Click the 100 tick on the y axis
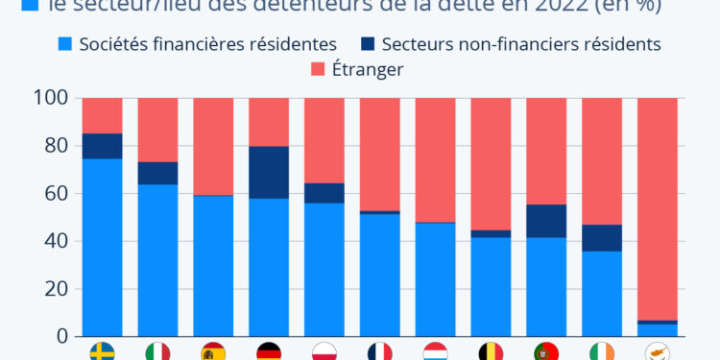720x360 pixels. tap(50, 98)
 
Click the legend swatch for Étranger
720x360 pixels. tap(319, 69)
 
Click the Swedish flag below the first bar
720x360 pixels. tap(102, 351)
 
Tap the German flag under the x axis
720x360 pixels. tap(269, 351)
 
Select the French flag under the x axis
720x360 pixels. tap(380, 351)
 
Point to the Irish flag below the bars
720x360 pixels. tap(602, 351)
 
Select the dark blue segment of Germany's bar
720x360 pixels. tap(269, 173)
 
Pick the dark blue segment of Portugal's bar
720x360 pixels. tap(546, 221)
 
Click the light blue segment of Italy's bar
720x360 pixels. tap(157, 260)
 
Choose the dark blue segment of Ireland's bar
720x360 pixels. tap(602, 238)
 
